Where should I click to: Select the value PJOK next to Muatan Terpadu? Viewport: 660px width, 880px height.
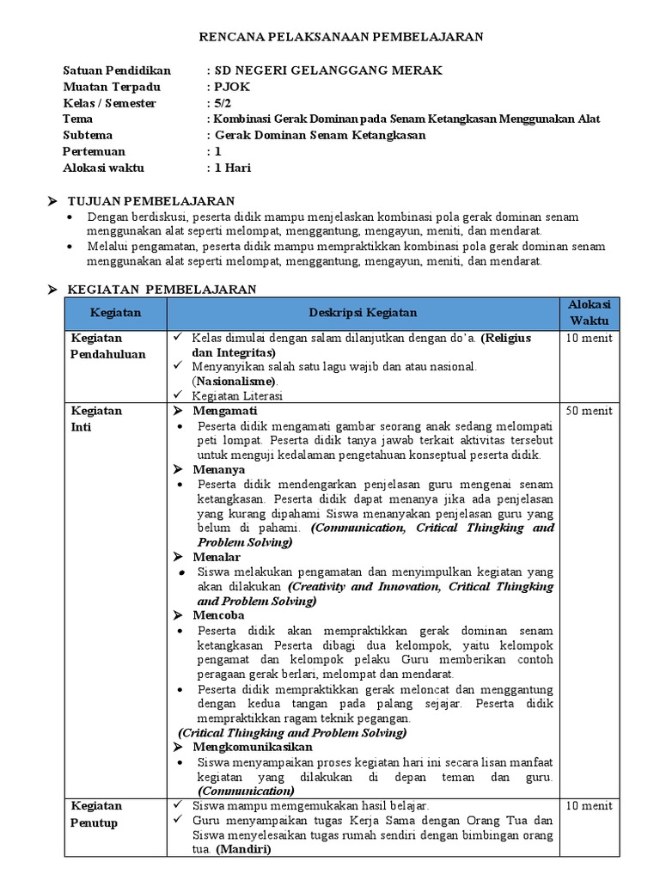[230, 87]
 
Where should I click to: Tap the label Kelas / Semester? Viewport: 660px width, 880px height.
[110, 103]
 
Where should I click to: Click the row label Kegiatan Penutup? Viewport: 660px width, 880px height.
[95, 814]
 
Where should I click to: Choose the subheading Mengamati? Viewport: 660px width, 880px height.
[218, 411]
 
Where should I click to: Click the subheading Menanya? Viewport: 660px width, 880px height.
[219, 469]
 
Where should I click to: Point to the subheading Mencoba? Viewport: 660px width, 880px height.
[219, 615]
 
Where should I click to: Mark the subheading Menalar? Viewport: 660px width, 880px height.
[217, 557]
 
